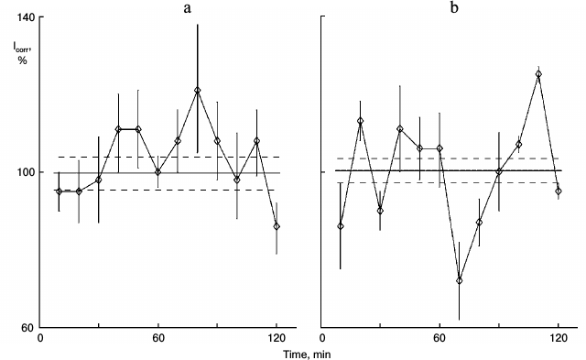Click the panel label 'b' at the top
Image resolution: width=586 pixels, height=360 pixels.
coord(454,8)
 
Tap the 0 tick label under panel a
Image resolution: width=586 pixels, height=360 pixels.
coord(40,338)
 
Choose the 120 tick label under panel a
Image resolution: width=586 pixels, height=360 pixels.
coord(277,338)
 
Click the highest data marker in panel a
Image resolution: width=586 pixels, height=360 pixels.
coord(197,91)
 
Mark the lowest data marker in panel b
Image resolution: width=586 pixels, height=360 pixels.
coord(460,280)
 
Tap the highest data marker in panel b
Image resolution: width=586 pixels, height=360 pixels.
coord(538,74)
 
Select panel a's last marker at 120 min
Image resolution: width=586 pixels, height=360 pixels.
coord(277,226)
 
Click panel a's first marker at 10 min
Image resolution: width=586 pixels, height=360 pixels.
coord(60,191)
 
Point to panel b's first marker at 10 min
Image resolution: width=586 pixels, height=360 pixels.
coord(341,226)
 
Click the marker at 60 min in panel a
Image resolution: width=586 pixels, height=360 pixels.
coord(157,171)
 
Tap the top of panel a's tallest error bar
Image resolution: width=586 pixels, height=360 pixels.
coord(197,25)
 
